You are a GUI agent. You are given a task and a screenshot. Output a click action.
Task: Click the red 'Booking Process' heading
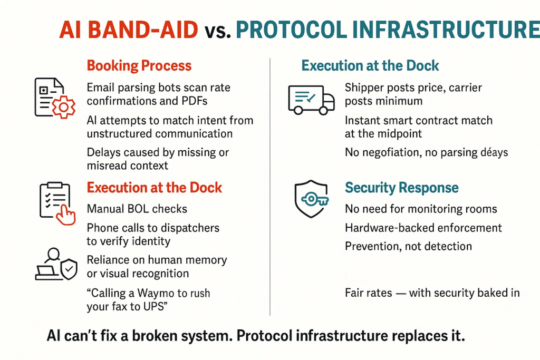coord(139,65)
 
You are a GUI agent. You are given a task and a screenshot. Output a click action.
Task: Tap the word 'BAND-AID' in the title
coord(143,30)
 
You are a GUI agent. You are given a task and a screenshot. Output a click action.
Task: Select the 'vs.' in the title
coord(217,31)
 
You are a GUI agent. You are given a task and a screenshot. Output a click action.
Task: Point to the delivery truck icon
coord(311,100)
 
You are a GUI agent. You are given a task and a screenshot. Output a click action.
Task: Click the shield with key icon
coord(311,199)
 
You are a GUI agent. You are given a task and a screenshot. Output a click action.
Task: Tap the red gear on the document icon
coord(63,108)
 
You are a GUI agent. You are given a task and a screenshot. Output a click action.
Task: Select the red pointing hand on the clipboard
coord(65,215)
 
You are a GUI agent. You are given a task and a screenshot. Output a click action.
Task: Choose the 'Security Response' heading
coord(401,188)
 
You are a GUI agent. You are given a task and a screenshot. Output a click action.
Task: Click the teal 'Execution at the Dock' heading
coord(370,65)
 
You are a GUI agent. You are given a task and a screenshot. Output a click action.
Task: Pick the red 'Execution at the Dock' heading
coord(155,188)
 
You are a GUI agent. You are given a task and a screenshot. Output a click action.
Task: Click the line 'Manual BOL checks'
coord(137,209)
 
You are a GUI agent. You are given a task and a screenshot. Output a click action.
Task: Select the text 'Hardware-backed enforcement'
coord(423,228)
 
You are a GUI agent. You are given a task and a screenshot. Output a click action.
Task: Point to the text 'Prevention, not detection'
coord(409,247)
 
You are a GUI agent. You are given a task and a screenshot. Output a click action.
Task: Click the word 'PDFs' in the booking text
coord(194,101)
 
